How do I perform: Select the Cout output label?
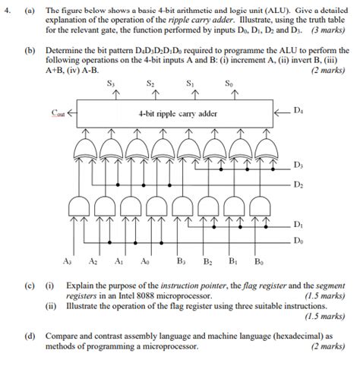58,112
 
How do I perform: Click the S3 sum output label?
112,83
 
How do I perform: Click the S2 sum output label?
151,83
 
